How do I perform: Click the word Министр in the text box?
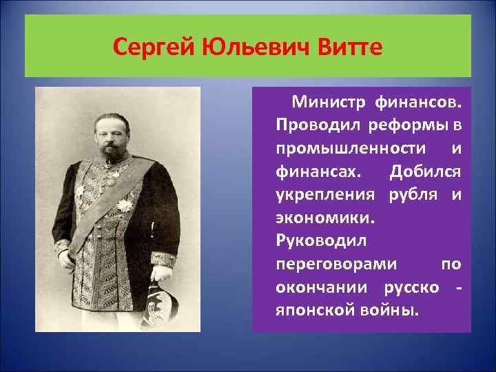pyautogui.click(x=330, y=103)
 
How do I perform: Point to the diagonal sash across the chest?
pyautogui.click(x=110, y=200)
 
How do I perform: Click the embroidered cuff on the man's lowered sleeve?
pyautogui.click(x=163, y=260)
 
